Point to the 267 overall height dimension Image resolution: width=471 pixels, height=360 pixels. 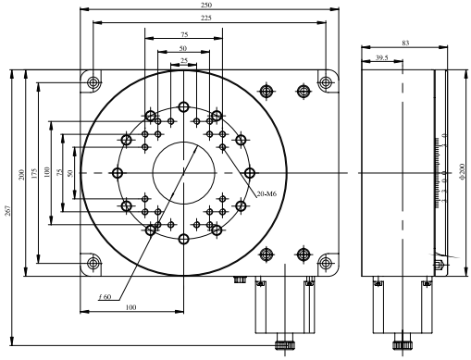click(x=9, y=212)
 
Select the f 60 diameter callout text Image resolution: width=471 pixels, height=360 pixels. click(x=105, y=296)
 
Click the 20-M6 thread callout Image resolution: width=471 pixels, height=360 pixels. click(x=266, y=192)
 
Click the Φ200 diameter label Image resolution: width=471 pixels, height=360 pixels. click(x=460, y=174)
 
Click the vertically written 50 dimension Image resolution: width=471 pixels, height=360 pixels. click(x=71, y=174)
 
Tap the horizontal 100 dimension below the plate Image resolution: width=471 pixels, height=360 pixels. click(x=130, y=306)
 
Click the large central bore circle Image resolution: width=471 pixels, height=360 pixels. click(x=183, y=173)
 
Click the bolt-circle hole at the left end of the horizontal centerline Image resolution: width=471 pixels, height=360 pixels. click(x=117, y=173)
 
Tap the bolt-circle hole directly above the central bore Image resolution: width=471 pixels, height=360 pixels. click(x=183, y=106)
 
